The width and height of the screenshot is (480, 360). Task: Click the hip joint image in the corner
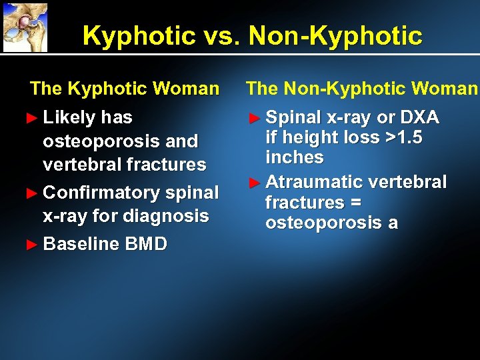click(x=25, y=27)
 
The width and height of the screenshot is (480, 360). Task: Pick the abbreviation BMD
click(x=145, y=244)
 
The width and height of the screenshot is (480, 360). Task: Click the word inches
click(x=295, y=158)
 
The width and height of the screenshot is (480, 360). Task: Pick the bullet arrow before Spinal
click(x=253, y=118)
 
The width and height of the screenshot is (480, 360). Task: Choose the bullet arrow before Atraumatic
click(x=253, y=182)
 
